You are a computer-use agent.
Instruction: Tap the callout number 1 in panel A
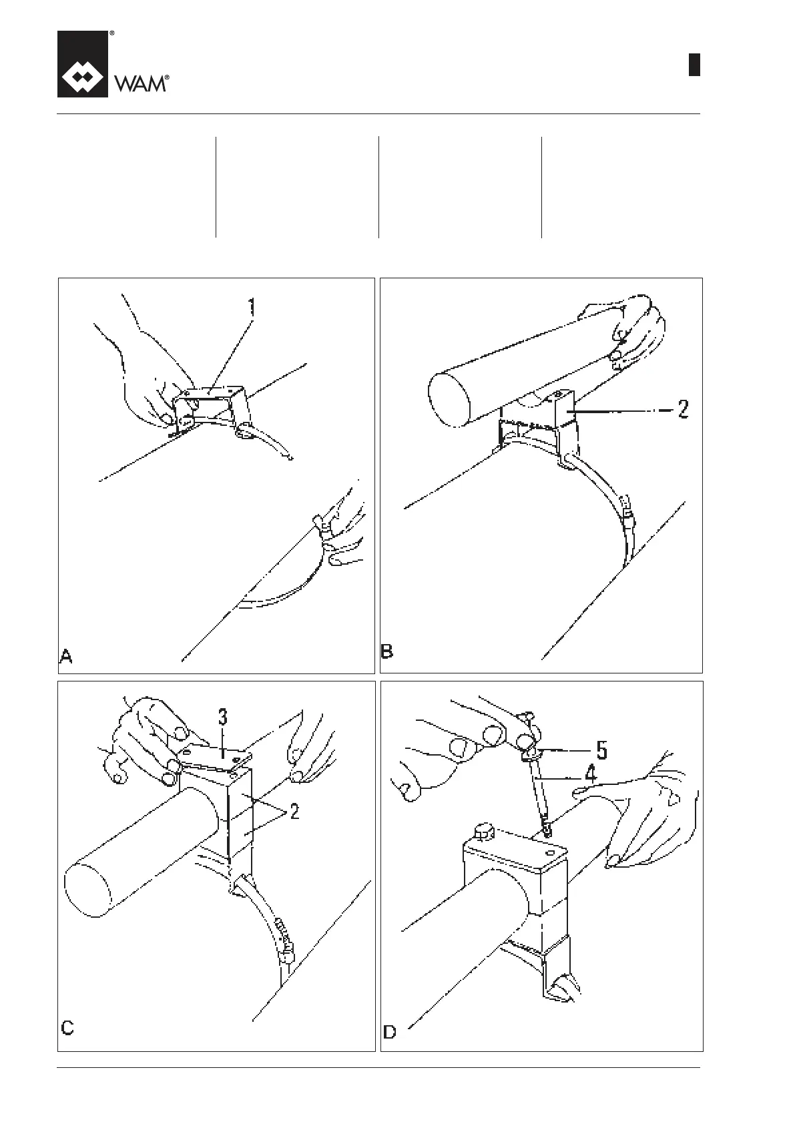pyautogui.click(x=252, y=308)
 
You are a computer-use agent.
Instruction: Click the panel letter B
pyautogui.click(x=387, y=651)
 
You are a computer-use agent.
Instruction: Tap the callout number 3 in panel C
pyautogui.click(x=223, y=718)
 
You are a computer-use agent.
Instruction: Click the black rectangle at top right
pyautogui.click(x=694, y=64)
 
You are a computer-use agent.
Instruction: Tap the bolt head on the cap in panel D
pyautogui.click(x=482, y=832)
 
